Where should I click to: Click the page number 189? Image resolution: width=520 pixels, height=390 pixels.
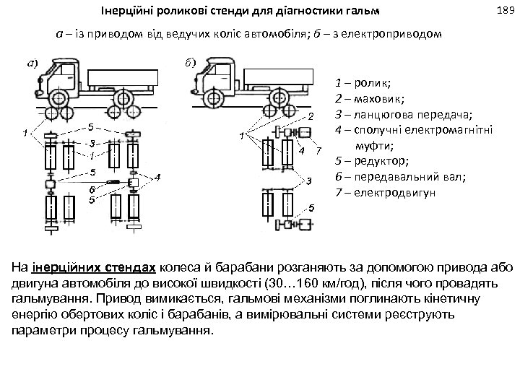pyautogui.click(x=505, y=10)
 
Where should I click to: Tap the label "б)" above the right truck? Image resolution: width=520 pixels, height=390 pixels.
pyautogui.click(x=189, y=61)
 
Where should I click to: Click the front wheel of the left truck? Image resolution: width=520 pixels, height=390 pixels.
pyautogui.click(x=56, y=96)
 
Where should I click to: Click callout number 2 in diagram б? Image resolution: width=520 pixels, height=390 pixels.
pyautogui.click(x=311, y=116)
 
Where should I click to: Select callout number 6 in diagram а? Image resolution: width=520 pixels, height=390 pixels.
pyautogui.click(x=92, y=189)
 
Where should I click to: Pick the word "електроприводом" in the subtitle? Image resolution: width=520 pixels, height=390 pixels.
pyautogui.click(x=402, y=35)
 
